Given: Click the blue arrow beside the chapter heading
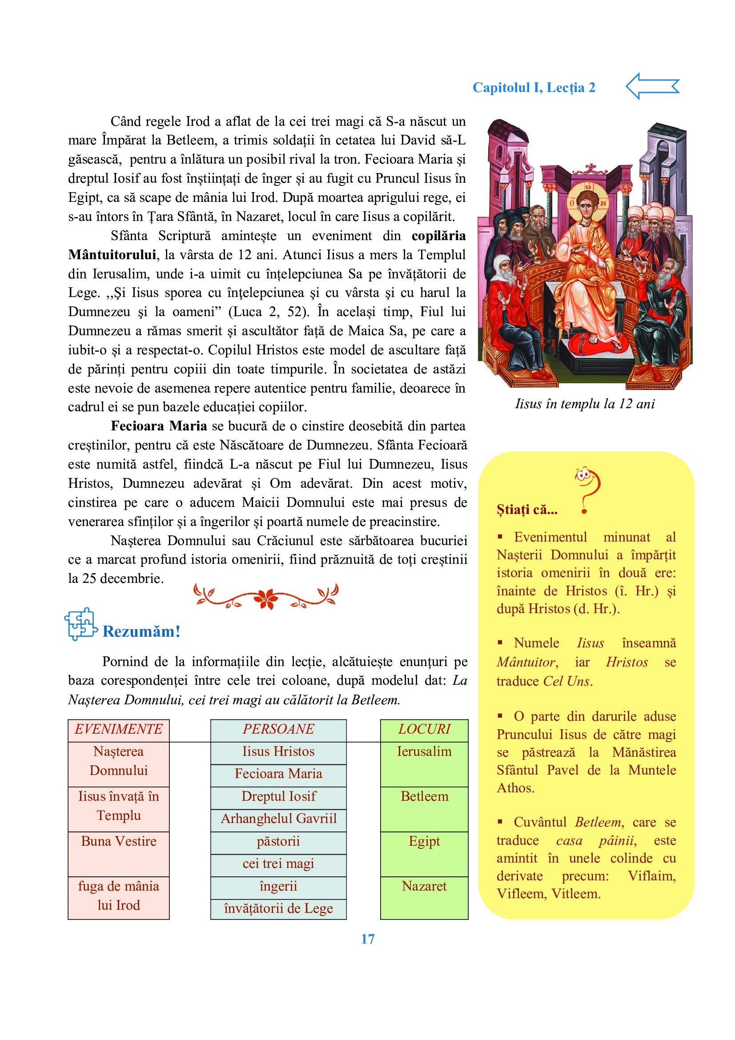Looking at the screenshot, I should coord(652,86).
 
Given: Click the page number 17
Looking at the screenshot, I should coord(367,939).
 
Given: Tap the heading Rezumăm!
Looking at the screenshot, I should coord(141,631).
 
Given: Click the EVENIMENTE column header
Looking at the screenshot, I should coord(119,729).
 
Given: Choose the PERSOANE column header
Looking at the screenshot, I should coord(278,729).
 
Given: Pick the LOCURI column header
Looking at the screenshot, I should coord(424,729).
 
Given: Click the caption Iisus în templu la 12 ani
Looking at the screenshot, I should coord(585,404).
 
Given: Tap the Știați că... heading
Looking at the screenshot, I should coord(526,510).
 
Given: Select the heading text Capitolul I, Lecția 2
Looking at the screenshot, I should coord(534,88).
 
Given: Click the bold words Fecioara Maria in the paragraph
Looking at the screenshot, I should coord(159,426).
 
